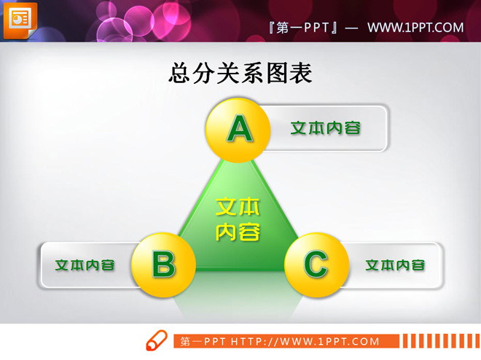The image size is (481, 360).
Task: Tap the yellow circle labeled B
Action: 164,263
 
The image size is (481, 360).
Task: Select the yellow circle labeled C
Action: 315,263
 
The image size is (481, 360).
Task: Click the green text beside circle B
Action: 85,265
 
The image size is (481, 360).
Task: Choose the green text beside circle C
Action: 394,265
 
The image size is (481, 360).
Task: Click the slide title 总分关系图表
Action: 240,74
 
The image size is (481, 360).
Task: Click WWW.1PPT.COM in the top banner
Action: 415,28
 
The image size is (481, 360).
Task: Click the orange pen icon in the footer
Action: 156,340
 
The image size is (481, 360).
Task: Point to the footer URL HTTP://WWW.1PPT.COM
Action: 305,341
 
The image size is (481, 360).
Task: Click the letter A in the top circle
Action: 239,129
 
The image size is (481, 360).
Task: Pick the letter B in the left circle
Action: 164,264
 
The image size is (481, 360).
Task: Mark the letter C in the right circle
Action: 315,264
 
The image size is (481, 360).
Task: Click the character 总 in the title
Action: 180,74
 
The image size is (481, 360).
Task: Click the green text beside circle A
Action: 325,128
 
